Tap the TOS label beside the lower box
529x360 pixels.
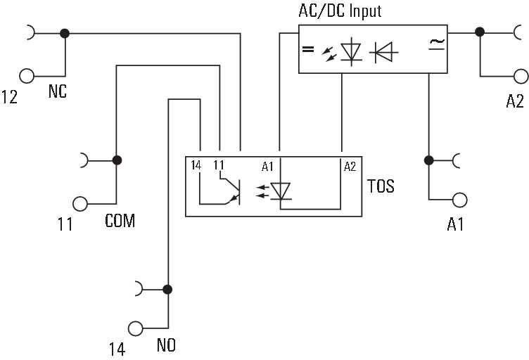point(381,186)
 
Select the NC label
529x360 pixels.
point(58,91)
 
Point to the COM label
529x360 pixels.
point(120,221)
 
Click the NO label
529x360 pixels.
point(166,345)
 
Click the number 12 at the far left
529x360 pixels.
point(10,96)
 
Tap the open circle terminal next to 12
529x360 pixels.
point(27,76)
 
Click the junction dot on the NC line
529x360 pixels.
point(65,32)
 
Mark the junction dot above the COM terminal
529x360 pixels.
point(117,160)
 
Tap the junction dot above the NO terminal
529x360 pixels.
point(167,288)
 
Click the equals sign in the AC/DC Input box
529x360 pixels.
point(307,49)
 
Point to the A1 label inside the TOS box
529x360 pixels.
point(267,167)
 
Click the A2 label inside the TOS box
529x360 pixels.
point(350,167)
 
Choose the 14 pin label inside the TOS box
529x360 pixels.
point(196,165)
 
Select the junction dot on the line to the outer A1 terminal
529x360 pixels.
point(427,160)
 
